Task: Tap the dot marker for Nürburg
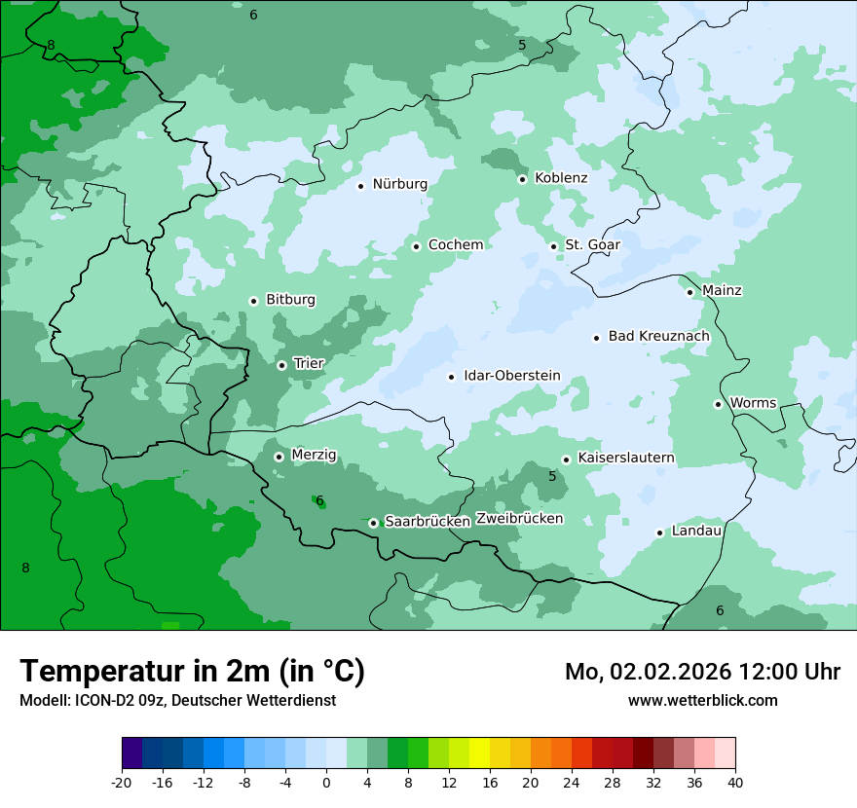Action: tap(360, 186)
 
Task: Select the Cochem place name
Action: tap(455, 245)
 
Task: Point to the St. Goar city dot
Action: tap(553, 246)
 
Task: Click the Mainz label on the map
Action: tap(722, 291)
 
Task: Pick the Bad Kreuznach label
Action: tap(658, 337)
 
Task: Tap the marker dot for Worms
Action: tap(718, 404)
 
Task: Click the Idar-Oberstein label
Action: tap(511, 376)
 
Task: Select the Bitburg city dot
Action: tap(253, 301)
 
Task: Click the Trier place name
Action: tap(308, 364)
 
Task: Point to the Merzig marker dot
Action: tap(279, 457)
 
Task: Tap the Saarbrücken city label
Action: tap(428, 522)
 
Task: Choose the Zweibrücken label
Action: tap(519, 519)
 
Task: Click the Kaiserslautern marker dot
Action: tap(566, 459)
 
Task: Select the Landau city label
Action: tap(696, 532)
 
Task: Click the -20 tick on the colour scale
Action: tap(122, 783)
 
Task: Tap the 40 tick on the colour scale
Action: tap(735, 783)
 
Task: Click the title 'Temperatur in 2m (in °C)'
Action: tap(192, 672)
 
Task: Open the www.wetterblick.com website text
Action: tap(702, 701)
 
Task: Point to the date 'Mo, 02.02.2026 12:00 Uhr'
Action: tap(702, 672)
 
